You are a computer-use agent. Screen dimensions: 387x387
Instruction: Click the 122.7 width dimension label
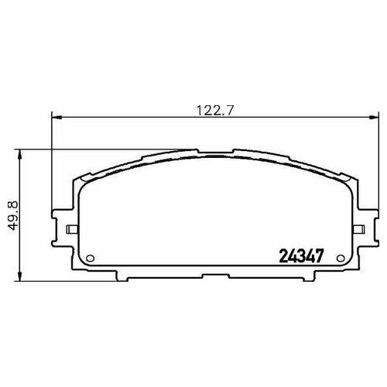click(215, 111)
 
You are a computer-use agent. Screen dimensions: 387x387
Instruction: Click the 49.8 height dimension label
click(13, 215)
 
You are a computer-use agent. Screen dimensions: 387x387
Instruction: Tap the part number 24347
click(301, 256)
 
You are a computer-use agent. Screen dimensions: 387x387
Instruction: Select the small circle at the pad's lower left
click(90, 258)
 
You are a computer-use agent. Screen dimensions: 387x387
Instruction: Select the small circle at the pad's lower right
click(341, 258)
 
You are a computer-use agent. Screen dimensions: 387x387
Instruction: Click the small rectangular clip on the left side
click(73, 229)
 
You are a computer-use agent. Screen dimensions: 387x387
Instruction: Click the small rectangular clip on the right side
click(358, 229)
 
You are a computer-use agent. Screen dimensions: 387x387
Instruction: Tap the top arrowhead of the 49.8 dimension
click(19, 155)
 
